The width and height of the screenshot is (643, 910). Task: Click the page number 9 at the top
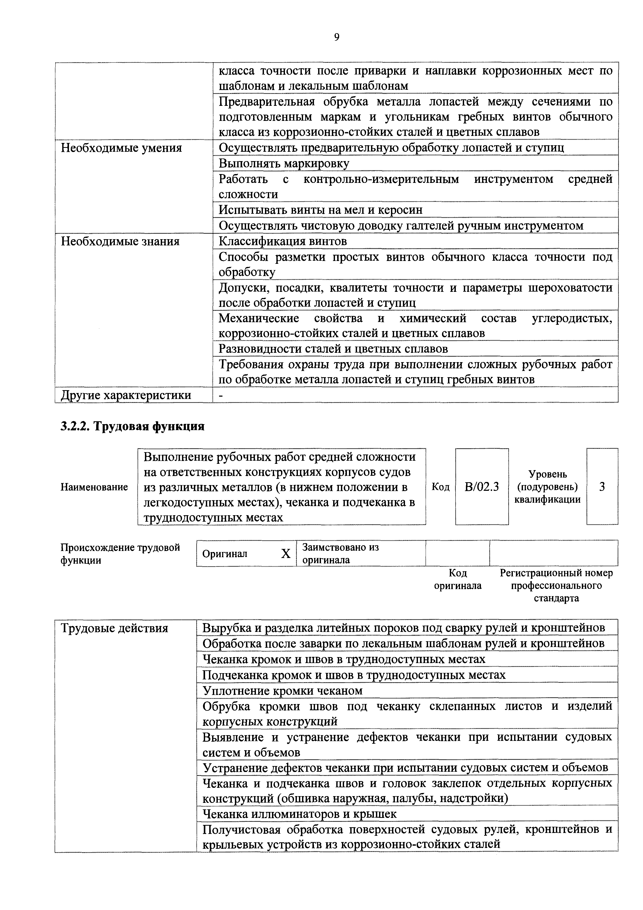[x=336, y=37]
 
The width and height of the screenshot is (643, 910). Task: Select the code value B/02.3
[x=482, y=487]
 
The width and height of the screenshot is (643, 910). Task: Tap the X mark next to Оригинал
[x=286, y=554]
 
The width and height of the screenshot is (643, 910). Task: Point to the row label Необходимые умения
[x=121, y=148]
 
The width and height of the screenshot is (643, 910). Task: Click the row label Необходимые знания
[x=120, y=241]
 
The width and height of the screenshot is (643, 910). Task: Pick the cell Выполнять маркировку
[x=284, y=163]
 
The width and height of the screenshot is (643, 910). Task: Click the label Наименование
[x=94, y=487]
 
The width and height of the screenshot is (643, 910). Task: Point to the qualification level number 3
[x=602, y=487]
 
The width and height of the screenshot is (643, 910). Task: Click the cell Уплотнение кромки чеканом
[x=282, y=691]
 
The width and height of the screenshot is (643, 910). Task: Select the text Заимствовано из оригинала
[x=340, y=553]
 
